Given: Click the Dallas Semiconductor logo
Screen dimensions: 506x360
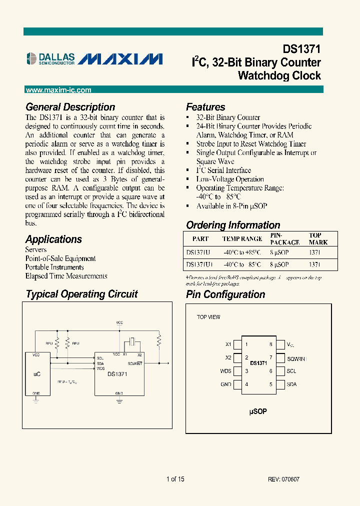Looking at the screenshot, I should click(x=50, y=59).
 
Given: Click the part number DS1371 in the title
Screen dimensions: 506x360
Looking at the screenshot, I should click(x=301, y=49).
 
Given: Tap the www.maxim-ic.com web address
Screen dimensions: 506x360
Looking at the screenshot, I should click(x=58, y=90).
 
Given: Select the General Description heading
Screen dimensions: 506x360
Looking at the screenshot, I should click(x=70, y=107).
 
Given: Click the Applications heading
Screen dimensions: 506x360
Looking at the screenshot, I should click(x=53, y=239).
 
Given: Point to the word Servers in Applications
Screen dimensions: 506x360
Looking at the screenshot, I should click(x=36, y=249).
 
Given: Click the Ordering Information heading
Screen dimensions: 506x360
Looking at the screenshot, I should click(x=233, y=225).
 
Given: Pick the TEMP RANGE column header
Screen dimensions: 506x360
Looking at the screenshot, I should click(x=242, y=238).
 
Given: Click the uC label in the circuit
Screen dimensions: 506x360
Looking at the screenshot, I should click(x=37, y=373).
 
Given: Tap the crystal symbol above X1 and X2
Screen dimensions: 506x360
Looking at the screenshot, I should click(x=131, y=342).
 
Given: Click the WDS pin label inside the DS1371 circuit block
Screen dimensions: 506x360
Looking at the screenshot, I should click(x=100, y=368).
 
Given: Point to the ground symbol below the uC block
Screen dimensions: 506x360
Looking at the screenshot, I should click(x=36, y=400).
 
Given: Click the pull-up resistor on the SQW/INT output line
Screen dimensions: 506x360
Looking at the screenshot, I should click(x=159, y=341).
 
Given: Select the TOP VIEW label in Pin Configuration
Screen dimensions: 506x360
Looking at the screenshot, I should click(x=208, y=317).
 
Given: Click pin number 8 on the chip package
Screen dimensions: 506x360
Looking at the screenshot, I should click(x=270, y=344).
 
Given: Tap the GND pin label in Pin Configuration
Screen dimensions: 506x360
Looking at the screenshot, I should click(x=225, y=384).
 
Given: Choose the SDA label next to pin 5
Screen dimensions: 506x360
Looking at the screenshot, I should click(x=292, y=384).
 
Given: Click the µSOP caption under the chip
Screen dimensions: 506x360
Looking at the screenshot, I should click(x=258, y=411).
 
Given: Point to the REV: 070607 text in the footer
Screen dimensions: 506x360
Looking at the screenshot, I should click(x=284, y=479).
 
